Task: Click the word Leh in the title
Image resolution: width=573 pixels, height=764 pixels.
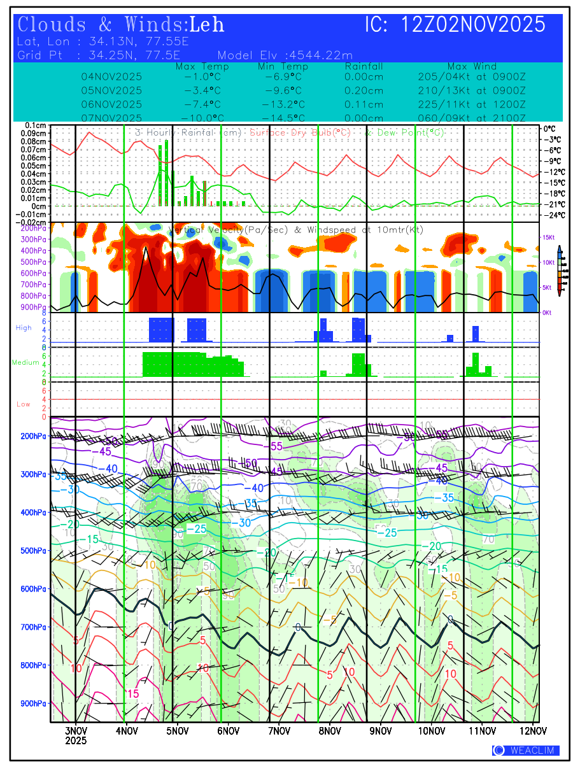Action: coord(206,25)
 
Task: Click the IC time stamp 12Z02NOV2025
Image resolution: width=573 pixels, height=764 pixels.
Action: coord(474,25)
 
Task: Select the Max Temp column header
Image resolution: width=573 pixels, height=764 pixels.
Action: coord(202,67)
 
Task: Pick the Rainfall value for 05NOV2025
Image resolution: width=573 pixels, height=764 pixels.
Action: coord(364,90)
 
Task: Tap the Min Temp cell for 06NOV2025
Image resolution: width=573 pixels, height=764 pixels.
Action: coord(283,104)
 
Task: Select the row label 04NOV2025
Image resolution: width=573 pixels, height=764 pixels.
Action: coord(111,76)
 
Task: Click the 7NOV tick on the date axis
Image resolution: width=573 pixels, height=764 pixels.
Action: coord(279,730)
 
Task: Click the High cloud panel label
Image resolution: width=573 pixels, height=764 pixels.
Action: coord(24,327)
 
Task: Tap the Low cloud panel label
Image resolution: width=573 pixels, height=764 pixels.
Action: coord(24,404)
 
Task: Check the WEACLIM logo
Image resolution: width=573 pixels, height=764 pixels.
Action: coord(525,750)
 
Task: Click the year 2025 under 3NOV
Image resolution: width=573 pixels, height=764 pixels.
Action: coord(76,741)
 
